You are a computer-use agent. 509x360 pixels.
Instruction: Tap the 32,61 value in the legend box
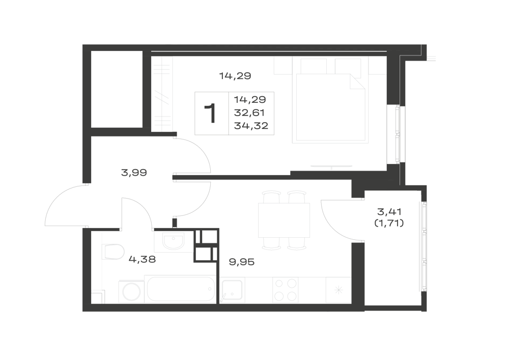coord(249,113)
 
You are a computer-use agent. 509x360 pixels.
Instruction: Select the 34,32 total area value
coord(251,126)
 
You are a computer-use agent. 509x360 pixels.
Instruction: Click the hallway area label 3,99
coord(134,173)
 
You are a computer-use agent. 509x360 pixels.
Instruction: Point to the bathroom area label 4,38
coord(142,259)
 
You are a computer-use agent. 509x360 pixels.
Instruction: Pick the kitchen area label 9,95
coord(242,262)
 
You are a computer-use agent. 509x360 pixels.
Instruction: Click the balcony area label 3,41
coord(389,212)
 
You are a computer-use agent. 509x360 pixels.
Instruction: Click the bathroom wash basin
coord(174,242)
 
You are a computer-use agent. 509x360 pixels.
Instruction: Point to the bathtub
coord(181,289)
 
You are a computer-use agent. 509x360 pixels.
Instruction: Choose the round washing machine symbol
coord(131,292)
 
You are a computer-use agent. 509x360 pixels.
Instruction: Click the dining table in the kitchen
coord(284,220)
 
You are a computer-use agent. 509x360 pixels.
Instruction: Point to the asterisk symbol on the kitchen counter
coord(338,290)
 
